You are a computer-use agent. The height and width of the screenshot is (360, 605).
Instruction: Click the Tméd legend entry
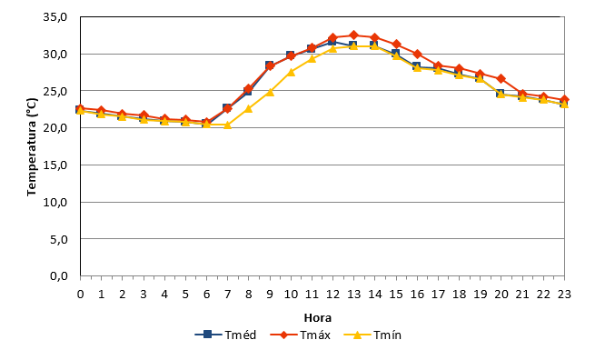(225, 335)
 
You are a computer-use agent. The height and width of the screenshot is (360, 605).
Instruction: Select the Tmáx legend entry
(300, 335)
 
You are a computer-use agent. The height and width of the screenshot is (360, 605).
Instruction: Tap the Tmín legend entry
(372, 335)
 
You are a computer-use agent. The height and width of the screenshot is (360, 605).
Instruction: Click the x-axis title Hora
(318, 318)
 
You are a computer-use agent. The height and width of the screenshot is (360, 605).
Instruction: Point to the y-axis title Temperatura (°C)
(32, 147)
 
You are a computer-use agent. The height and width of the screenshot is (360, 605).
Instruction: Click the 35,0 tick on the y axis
(55, 17)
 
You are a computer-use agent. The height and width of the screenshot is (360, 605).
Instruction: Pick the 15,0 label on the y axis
(55, 165)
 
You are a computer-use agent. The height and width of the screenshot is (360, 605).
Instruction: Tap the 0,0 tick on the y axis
(59, 276)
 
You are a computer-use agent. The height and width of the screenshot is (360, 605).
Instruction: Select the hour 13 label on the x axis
(353, 295)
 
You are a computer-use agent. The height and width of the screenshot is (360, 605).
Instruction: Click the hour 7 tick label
(227, 295)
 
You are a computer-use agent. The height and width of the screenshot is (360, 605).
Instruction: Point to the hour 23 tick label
(564, 295)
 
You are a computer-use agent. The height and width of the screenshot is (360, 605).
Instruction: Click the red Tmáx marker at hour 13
(353, 35)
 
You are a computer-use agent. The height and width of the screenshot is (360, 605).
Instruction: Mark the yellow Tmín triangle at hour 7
(227, 125)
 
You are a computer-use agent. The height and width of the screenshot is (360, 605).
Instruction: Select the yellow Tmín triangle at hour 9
(270, 92)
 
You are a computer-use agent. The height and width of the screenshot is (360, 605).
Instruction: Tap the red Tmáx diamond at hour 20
(501, 79)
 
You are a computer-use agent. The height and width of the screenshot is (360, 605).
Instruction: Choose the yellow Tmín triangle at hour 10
(291, 72)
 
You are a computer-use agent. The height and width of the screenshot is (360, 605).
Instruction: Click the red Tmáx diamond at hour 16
(417, 54)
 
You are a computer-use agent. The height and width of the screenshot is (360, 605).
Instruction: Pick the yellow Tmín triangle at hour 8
(249, 108)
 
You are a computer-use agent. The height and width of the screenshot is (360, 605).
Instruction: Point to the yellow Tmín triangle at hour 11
(312, 59)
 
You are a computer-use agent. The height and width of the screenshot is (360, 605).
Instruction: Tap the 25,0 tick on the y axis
(55, 92)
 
